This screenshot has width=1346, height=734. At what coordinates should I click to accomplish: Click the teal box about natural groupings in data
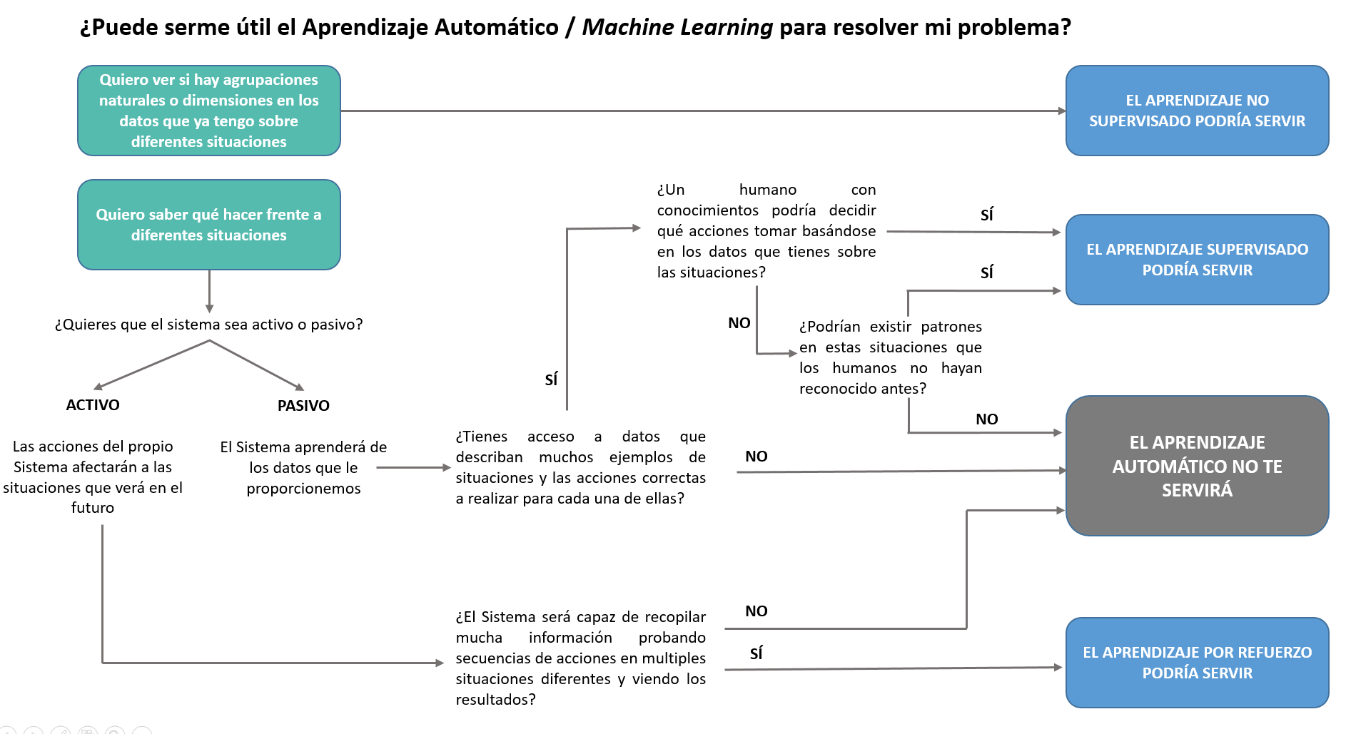click(208, 111)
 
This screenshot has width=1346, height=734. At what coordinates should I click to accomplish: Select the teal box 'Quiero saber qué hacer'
click(208, 225)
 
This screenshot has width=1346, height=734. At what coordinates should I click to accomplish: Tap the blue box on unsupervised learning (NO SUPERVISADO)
click(1197, 111)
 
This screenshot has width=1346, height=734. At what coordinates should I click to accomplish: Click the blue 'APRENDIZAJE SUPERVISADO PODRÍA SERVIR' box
click(1197, 260)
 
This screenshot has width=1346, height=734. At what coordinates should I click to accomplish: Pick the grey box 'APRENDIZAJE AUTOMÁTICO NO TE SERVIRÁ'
click(1197, 466)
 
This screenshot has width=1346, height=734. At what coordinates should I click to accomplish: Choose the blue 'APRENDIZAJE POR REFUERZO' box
click(1197, 663)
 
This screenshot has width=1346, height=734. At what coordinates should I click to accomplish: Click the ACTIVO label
click(93, 405)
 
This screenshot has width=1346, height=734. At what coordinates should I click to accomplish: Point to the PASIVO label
click(303, 406)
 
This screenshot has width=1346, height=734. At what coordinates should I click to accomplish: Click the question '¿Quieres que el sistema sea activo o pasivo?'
click(208, 325)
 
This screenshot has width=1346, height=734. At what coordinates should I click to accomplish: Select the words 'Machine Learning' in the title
click(677, 27)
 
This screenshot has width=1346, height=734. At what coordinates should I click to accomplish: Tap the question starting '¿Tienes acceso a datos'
click(580, 467)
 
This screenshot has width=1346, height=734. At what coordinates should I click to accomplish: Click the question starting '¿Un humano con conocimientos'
click(766, 231)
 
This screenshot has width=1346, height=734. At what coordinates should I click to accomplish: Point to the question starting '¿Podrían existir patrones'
click(890, 357)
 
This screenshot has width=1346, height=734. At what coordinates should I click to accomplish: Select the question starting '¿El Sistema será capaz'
click(580, 658)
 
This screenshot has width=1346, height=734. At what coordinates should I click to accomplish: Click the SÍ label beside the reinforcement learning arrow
click(757, 653)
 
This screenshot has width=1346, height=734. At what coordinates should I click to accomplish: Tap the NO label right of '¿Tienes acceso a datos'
click(757, 457)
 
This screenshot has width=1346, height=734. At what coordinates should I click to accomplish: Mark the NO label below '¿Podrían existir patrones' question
click(986, 419)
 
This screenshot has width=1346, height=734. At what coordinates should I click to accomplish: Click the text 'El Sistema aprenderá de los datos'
click(303, 467)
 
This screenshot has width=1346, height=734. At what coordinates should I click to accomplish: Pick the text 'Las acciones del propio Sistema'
click(93, 476)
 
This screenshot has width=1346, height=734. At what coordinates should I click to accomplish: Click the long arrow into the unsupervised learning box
click(703, 111)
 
